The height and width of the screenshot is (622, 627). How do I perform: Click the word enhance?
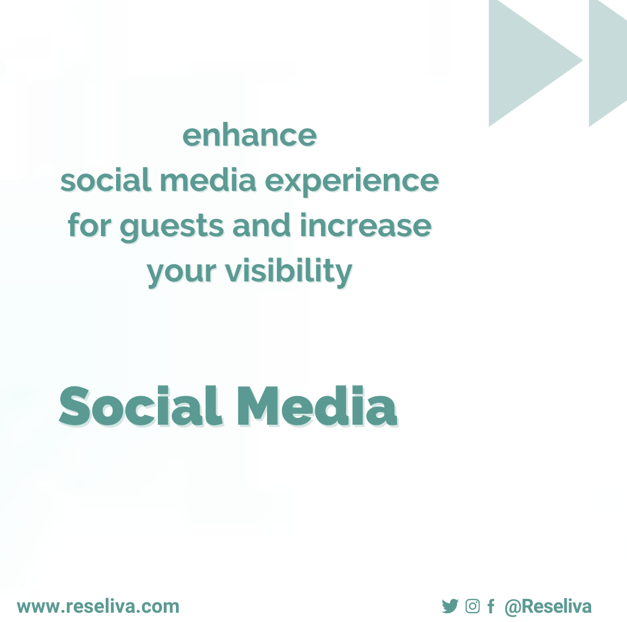click(x=250, y=136)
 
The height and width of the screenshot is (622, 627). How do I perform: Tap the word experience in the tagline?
click(x=352, y=181)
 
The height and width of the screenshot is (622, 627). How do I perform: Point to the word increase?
click(x=366, y=226)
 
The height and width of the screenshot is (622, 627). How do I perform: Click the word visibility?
click(x=288, y=271)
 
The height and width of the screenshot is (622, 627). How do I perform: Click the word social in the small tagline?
click(x=106, y=181)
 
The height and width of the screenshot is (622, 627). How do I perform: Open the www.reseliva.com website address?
click(x=98, y=606)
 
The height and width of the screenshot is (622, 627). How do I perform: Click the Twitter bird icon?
click(x=450, y=606)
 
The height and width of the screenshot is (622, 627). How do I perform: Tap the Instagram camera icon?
click(x=473, y=606)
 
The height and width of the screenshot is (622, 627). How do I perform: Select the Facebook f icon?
click(x=491, y=607)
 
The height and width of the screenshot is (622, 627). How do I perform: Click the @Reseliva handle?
click(x=547, y=606)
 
